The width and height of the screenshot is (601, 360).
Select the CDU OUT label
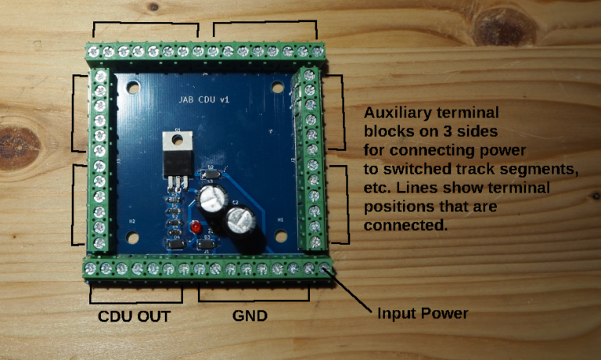click(x=134, y=317)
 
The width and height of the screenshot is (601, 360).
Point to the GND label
click(x=250, y=317)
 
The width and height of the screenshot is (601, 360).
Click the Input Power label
click(x=423, y=314)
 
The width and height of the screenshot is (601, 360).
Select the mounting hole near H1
click(x=279, y=234)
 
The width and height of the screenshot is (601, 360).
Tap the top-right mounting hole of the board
click(x=278, y=87)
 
